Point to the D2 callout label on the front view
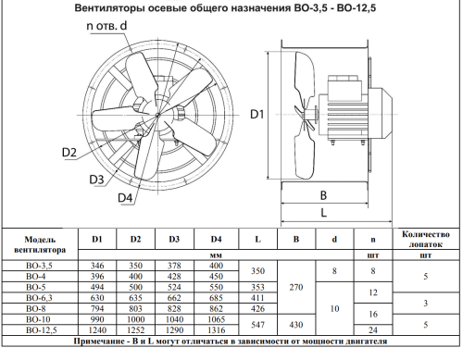tap(68, 152)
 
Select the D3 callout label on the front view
tap(97, 179)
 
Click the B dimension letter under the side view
tap(321, 195)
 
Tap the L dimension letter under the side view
tap(321, 213)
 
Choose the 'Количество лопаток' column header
tap(426, 239)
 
